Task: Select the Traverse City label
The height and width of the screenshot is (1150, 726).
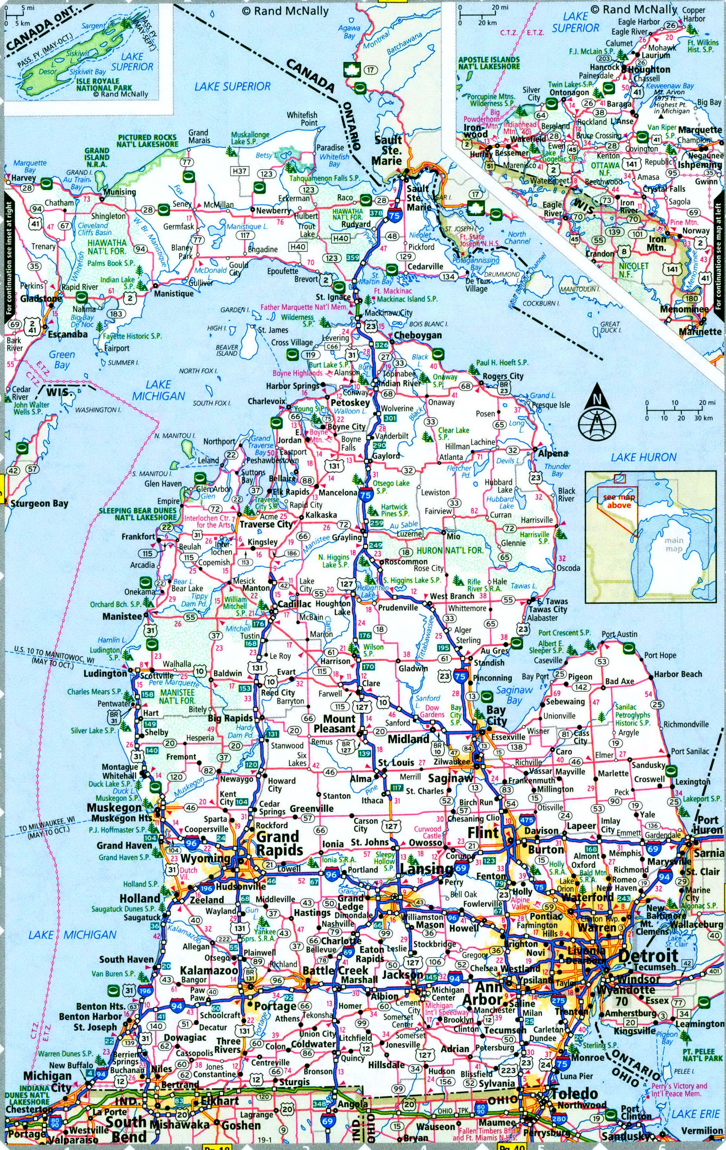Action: click(x=266, y=524)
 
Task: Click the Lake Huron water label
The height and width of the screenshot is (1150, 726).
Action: click(x=643, y=457)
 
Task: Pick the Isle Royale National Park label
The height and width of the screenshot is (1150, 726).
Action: click(x=104, y=84)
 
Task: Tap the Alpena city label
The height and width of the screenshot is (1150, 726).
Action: click(x=553, y=453)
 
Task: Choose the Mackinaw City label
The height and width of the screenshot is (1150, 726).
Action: click(x=388, y=313)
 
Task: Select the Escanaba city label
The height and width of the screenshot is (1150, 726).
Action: click(x=67, y=334)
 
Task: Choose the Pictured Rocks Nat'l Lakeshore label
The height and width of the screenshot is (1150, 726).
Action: click(x=148, y=140)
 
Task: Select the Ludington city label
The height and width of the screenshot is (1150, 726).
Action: click(x=105, y=673)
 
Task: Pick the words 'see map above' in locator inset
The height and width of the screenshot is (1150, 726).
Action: click(x=619, y=501)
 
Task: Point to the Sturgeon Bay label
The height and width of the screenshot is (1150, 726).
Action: click(x=39, y=503)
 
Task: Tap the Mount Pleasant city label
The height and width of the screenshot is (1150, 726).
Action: click(x=334, y=724)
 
